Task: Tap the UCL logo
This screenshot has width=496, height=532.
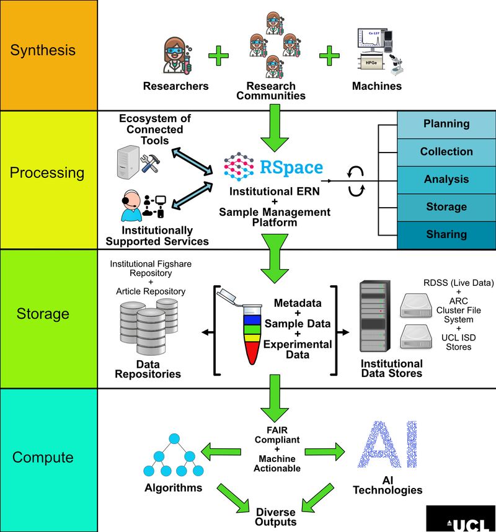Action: coord(461,519)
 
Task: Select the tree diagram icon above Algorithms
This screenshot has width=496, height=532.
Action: coord(169,453)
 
